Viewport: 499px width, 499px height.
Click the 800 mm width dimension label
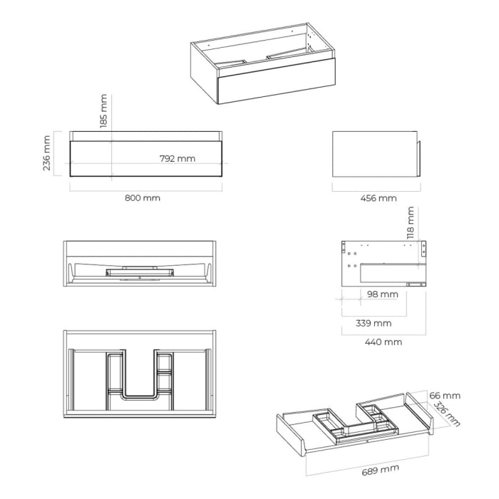tap(143, 198)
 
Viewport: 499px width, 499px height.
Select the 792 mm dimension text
tap(177, 158)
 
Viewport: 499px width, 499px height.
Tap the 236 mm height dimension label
tap(47, 153)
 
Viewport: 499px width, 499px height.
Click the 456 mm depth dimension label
tap(378, 198)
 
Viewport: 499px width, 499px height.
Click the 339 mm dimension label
tap(374, 323)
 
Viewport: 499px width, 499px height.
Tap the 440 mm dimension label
tap(384, 342)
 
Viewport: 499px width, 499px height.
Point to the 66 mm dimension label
tap(446, 396)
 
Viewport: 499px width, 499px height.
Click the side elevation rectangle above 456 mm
tap(374, 153)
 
